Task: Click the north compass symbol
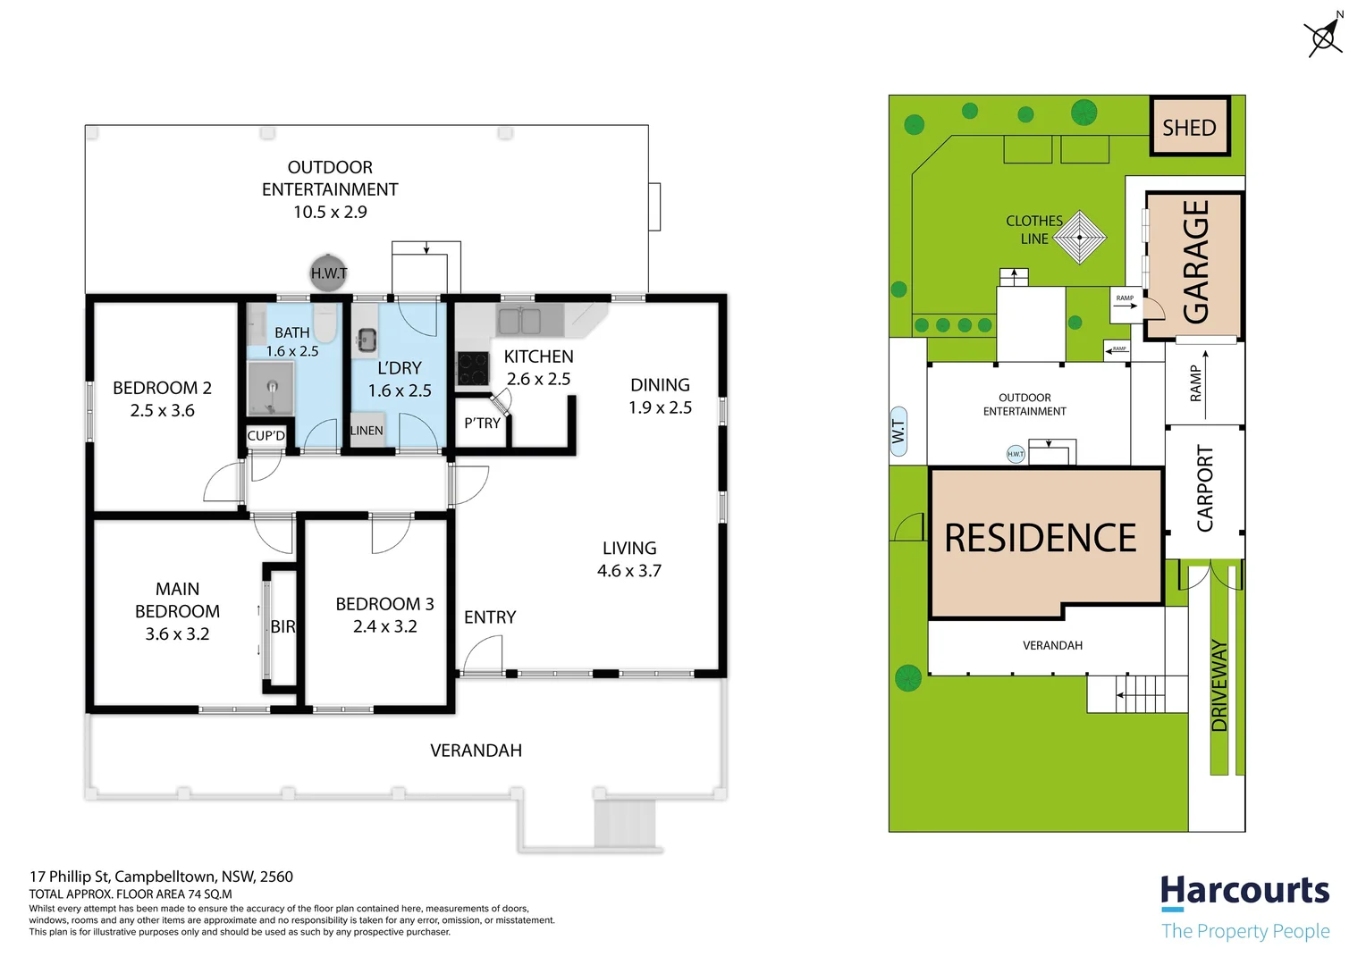(x=1324, y=37)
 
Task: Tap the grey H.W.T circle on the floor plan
(x=329, y=273)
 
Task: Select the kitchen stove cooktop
(x=473, y=368)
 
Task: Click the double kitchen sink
(x=519, y=321)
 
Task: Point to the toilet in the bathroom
(x=325, y=323)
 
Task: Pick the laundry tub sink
(x=366, y=340)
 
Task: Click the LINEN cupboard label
(x=367, y=431)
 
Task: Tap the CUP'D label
(x=266, y=435)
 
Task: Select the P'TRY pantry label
(x=482, y=423)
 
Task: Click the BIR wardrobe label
(x=283, y=626)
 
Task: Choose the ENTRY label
(x=490, y=617)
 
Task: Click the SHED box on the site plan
(x=1189, y=126)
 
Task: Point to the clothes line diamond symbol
(x=1079, y=237)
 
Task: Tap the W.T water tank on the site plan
(x=898, y=432)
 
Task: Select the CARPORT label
(x=1205, y=488)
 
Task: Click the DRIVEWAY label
(x=1219, y=685)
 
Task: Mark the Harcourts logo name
(x=1244, y=891)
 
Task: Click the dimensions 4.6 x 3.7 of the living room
(x=629, y=571)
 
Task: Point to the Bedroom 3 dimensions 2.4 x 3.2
(x=384, y=626)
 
